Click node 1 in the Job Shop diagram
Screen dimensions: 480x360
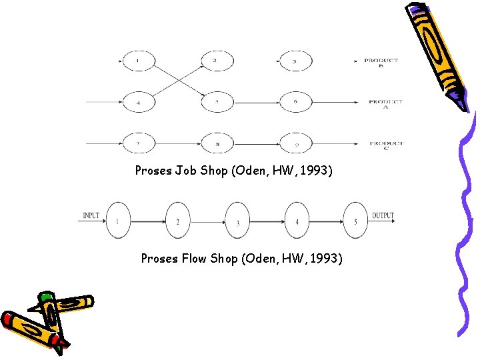coord(138,61)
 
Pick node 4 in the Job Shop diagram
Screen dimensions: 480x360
coord(138,103)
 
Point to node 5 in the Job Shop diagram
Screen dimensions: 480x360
coord(217,103)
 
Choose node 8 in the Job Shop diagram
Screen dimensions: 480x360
coord(217,143)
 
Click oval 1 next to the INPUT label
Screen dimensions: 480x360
coord(118,221)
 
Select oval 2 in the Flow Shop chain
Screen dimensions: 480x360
coord(177,221)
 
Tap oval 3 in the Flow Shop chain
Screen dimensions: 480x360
coord(238,221)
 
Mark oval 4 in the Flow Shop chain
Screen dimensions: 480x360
coord(297,221)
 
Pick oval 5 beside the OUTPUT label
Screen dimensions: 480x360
coord(355,221)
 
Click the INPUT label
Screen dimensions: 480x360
coord(91,215)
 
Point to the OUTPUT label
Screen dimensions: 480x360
coord(383,215)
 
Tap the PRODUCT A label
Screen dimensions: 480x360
coord(385,104)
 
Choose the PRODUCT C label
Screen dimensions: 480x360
coord(386,145)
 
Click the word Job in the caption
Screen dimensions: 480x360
coord(186,171)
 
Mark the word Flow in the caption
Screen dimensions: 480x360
coord(194,258)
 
